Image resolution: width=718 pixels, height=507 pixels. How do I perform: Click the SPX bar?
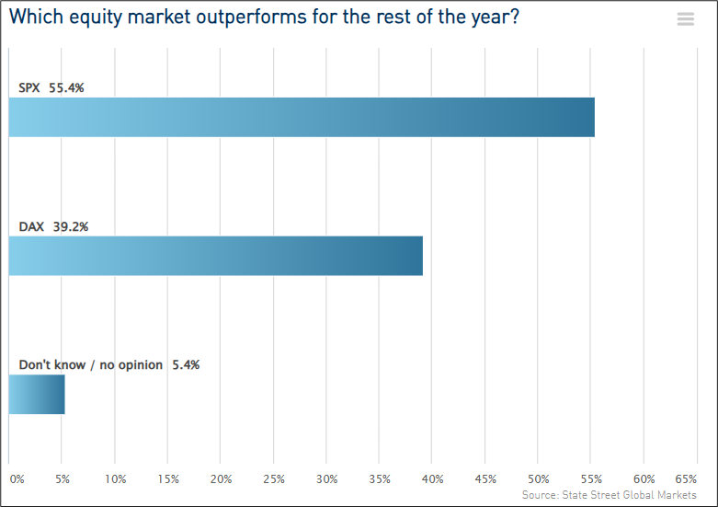click(x=302, y=118)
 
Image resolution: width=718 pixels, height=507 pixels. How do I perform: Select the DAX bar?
click(x=216, y=256)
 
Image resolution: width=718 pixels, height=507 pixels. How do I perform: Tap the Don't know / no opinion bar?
click(x=37, y=394)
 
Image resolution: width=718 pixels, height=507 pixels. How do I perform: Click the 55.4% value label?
click(x=66, y=88)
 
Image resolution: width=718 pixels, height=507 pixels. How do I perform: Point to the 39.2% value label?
click(x=71, y=226)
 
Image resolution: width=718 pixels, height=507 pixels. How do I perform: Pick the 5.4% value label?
click(x=186, y=365)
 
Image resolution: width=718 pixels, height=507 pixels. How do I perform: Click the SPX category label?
click(x=29, y=88)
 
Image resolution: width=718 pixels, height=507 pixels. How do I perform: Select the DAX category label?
click(x=31, y=226)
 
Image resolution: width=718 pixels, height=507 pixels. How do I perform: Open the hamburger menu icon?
click(x=686, y=18)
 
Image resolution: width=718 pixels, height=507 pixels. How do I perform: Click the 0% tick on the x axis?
click(x=17, y=479)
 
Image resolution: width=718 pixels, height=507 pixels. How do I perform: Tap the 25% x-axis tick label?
click(x=274, y=479)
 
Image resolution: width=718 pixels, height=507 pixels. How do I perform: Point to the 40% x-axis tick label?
click(x=433, y=479)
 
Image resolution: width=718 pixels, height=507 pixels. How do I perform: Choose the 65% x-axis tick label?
click(x=686, y=479)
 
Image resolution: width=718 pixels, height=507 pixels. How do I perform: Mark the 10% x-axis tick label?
click(x=116, y=479)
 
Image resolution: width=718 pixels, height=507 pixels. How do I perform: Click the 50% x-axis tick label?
click(x=539, y=479)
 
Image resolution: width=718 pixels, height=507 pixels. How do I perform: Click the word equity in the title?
click(x=96, y=17)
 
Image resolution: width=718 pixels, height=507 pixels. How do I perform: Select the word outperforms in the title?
click(x=251, y=17)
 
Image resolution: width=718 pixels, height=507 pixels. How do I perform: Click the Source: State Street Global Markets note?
click(x=609, y=495)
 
